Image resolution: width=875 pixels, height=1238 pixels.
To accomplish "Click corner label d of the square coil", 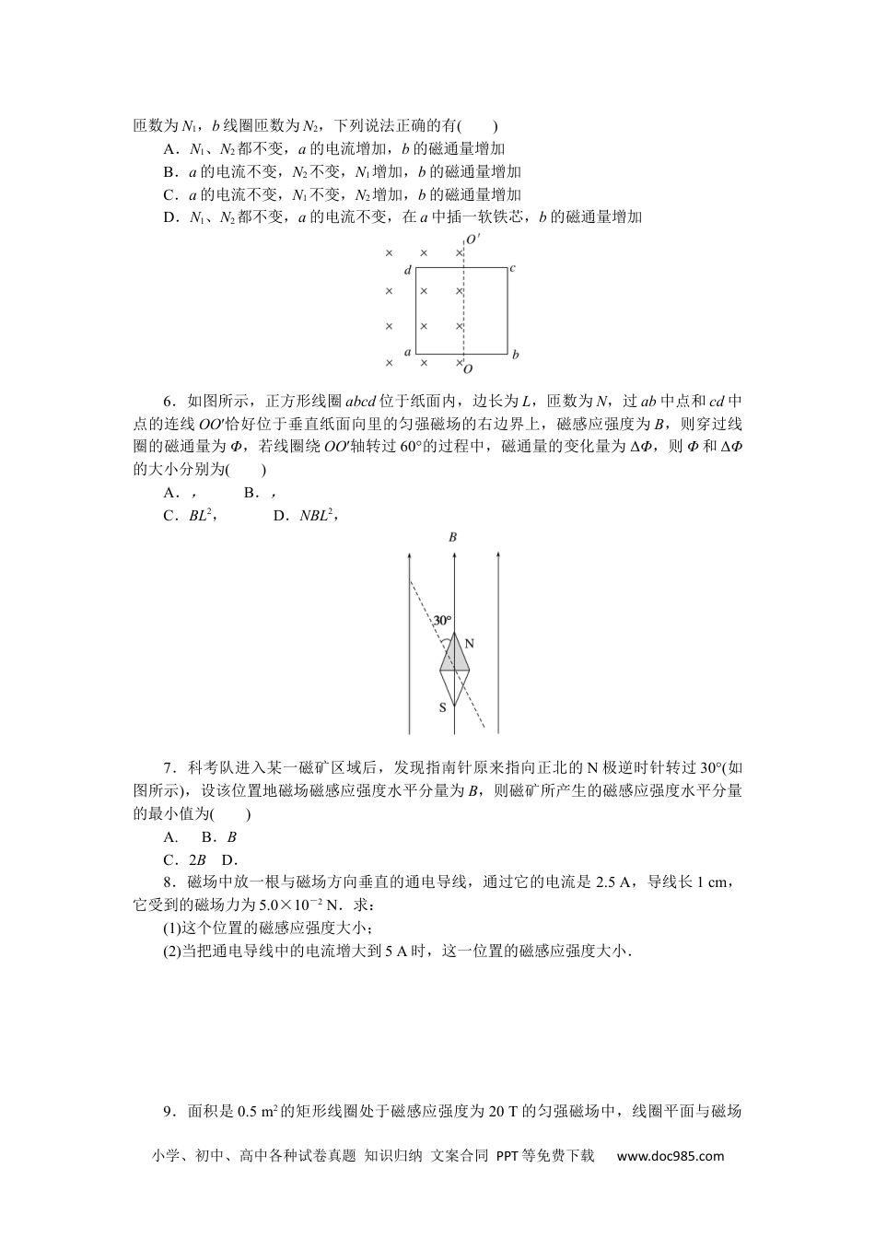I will point(407,270).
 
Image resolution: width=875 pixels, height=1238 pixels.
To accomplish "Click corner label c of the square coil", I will point(512,268).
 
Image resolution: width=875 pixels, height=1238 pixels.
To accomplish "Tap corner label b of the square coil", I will point(516,354).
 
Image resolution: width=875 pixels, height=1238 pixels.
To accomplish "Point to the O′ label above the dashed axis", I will point(472,239).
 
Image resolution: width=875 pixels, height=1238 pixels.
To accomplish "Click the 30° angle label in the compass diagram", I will point(443,620).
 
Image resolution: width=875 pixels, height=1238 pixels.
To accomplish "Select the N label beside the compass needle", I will point(469,643).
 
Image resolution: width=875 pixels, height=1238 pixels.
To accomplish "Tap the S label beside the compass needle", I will point(442,707).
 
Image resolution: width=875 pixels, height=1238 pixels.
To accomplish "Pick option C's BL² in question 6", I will point(201,516).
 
